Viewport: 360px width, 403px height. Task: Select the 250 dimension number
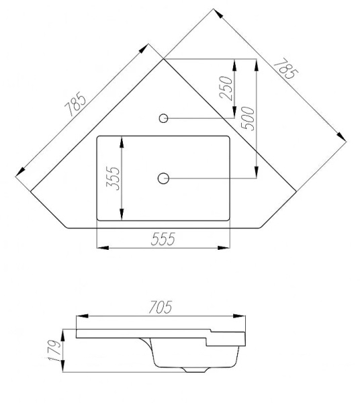226,87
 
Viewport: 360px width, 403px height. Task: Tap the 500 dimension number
246,118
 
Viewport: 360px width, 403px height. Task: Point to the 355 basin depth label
113,179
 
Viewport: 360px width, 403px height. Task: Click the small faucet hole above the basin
163,118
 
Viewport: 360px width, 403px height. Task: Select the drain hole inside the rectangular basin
163,178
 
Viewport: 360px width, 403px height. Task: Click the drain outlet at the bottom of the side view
195,369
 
